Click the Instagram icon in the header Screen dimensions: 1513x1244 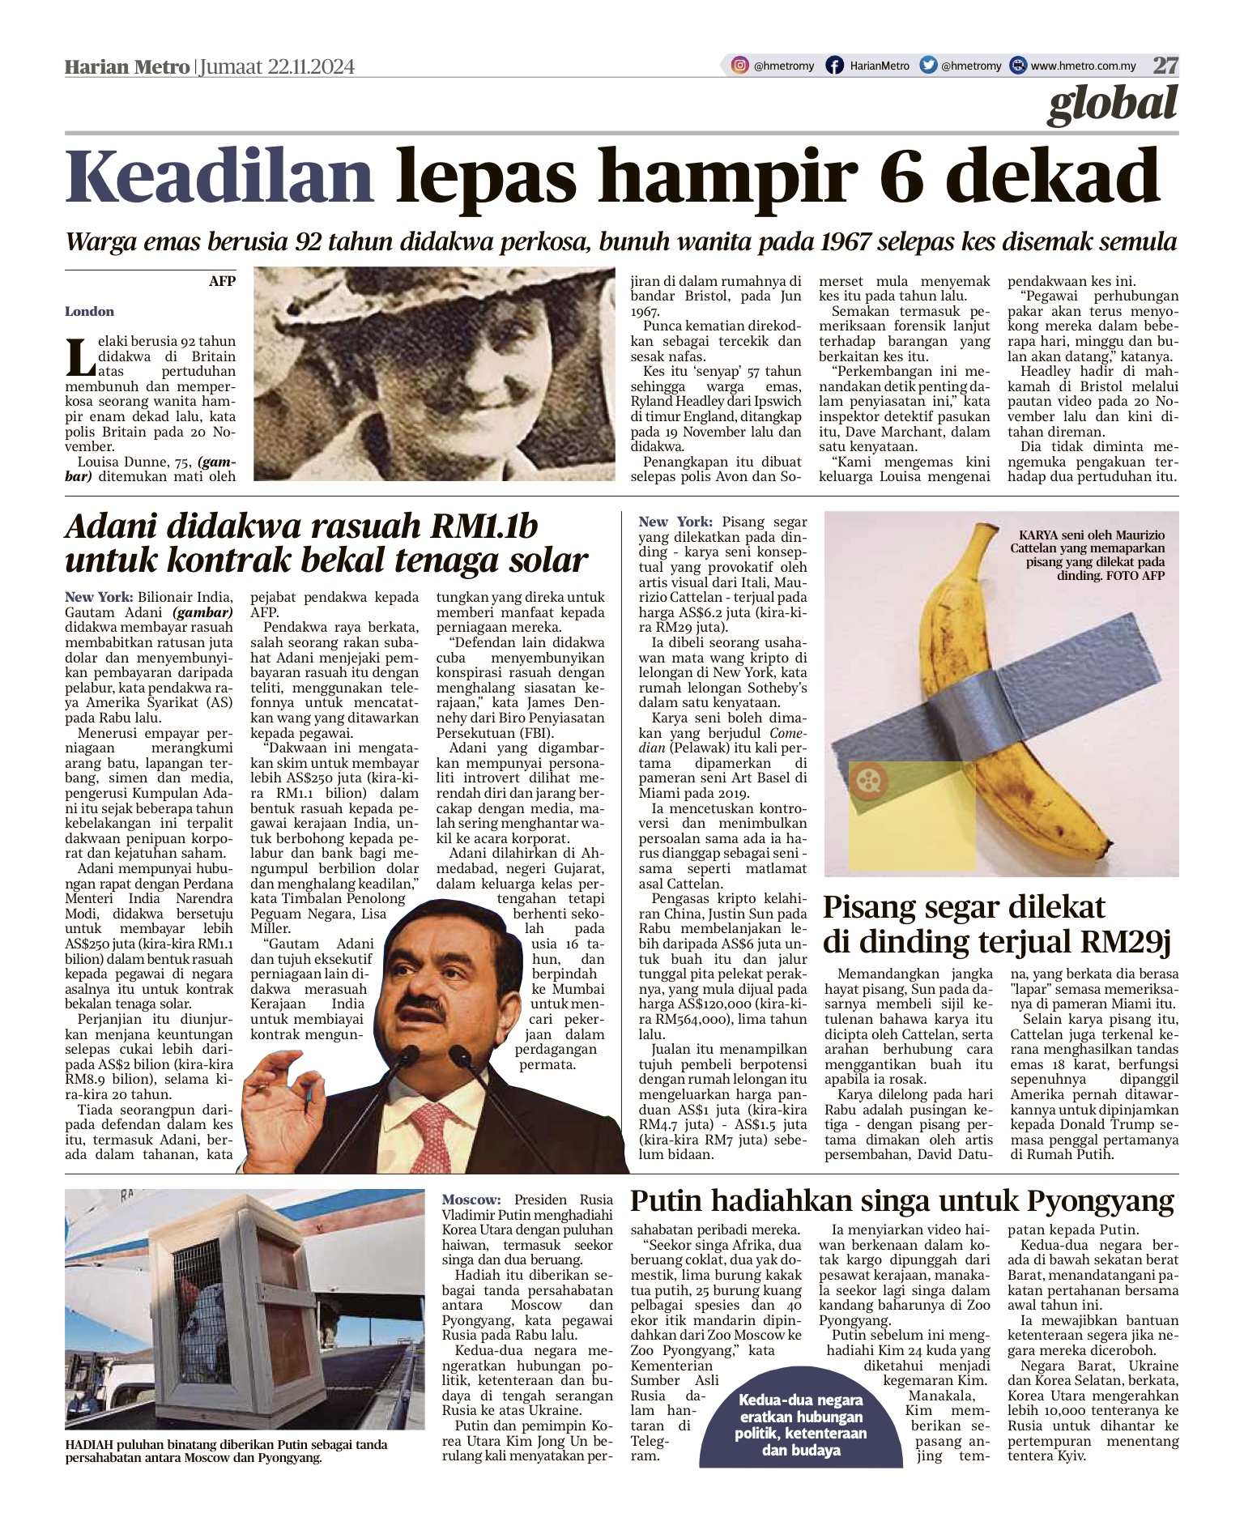[x=739, y=66]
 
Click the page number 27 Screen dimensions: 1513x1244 [x=1165, y=66]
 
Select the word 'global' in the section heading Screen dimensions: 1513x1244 [x=1112, y=104]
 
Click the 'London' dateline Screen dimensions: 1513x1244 [x=89, y=312]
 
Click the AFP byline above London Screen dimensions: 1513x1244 [x=221, y=281]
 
